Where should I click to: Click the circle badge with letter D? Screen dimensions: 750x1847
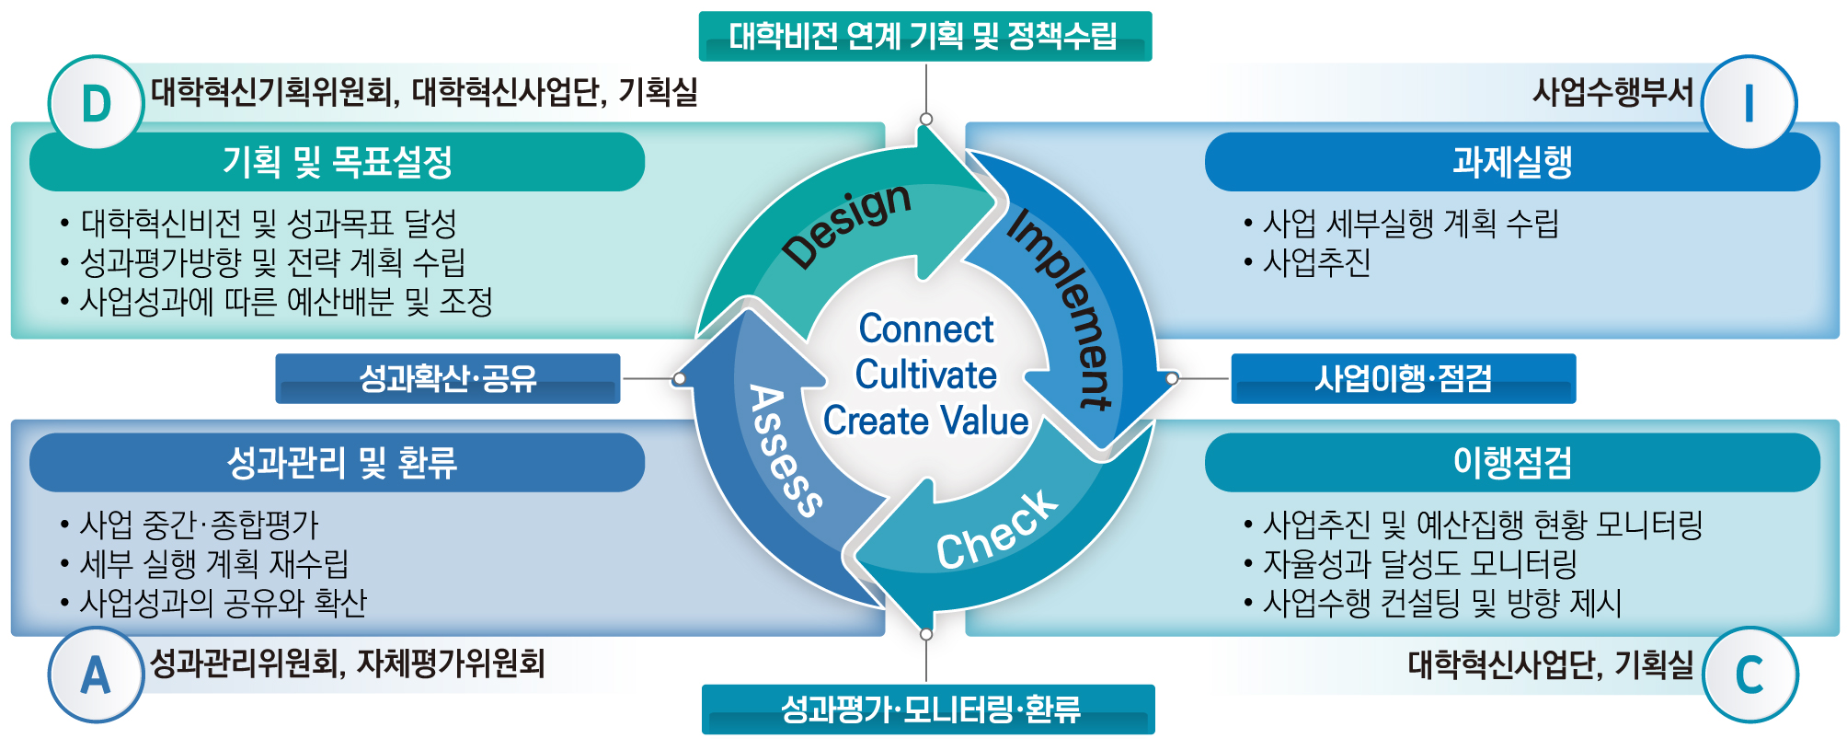click(97, 103)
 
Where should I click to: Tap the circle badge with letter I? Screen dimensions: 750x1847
click(1749, 103)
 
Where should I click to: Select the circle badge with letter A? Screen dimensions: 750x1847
click(97, 675)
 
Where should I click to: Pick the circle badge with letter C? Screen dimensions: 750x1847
click(1749, 675)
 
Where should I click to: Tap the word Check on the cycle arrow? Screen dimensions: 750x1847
click(997, 531)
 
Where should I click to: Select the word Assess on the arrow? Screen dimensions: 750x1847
click(785, 450)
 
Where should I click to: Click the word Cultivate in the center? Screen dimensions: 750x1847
click(925, 375)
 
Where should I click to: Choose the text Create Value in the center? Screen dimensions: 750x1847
click(925, 421)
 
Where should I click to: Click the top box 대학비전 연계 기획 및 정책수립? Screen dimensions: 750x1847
click(924, 36)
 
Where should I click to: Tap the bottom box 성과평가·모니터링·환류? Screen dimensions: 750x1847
click(928, 710)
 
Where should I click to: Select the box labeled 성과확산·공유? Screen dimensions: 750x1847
click(448, 378)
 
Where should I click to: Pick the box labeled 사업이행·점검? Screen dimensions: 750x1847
click(1403, 378)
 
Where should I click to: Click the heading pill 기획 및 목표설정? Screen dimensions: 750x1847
click(337, 162)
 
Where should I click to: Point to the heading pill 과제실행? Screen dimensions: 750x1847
click(1512, 162)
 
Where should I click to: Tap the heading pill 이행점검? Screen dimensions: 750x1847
click(1512, 462)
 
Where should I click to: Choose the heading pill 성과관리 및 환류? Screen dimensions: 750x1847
click(337, 462)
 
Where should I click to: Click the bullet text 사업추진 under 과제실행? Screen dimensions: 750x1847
click(1316, 263)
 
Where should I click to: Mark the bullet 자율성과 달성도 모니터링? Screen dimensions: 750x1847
click(1419, 563)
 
